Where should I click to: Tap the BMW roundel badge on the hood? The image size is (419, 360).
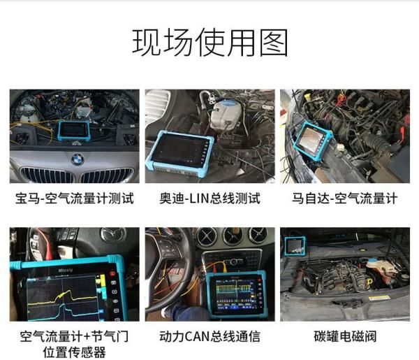pos(76,159)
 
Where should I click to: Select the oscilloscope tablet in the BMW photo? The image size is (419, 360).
pos(73,129)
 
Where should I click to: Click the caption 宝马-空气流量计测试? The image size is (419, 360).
pos(74,199)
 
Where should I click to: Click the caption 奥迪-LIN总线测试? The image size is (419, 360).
pos(209,199)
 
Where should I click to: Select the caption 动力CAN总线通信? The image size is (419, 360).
pos(209,337)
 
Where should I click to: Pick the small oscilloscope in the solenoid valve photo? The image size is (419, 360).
pos(295,245)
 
